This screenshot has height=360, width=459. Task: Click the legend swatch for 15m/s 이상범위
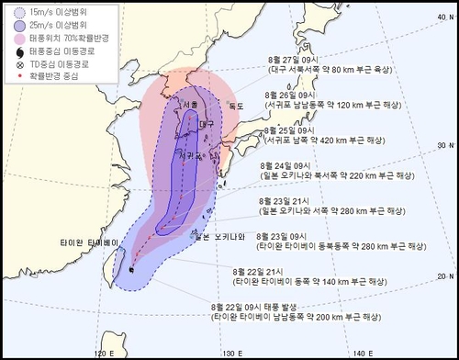(19, 12)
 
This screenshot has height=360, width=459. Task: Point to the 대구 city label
(206, 122)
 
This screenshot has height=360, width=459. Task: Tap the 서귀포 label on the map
(190, 156)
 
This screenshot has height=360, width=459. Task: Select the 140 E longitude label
(365, 351)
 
